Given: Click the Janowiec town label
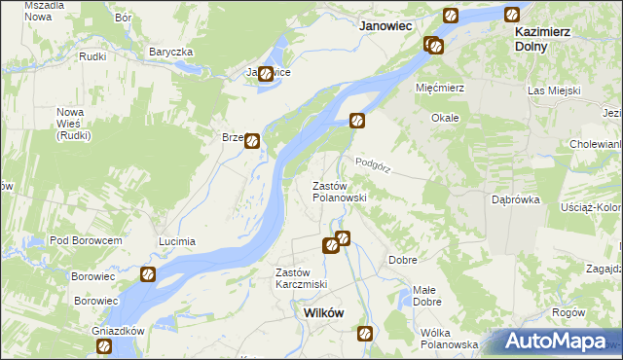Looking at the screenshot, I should [387, 27].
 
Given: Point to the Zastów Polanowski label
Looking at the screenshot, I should [339, 191].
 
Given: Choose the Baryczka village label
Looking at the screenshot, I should [171, 52].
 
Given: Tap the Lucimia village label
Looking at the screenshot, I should [177, 240].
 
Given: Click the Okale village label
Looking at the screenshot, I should [445, 118].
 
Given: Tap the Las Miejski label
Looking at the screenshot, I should [554, 90].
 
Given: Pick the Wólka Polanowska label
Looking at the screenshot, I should [449, 338].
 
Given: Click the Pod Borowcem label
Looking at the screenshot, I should [86, 240].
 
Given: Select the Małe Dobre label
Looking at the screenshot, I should [424, 295].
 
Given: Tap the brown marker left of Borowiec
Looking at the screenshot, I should [148, 275].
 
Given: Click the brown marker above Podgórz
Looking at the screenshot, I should [358, 121].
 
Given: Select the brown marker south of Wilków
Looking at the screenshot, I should [365, 334].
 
